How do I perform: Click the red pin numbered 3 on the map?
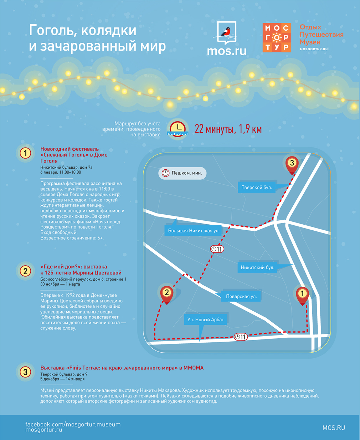tap(292, 165)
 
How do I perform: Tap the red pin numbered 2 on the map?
tap(167, 295)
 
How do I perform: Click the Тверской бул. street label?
tap(257, 187)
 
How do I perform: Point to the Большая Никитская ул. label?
tap(194, 231)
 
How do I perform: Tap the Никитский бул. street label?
tap(257, 267)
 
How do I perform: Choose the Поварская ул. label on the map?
tap(241, 296)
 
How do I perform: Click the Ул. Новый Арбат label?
tap(205, 319)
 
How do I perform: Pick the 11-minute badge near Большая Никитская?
tap(217, 249)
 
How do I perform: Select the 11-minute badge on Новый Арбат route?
tap(241, 337)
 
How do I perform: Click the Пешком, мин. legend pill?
tap(182, 173)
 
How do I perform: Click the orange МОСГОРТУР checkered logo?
tap(277, 37)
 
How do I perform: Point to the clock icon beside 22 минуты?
tap(178, 129)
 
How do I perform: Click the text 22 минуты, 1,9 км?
tap(228, 129)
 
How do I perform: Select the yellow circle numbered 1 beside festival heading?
tap(25, 153)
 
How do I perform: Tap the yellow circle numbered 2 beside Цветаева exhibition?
tap(25, 271)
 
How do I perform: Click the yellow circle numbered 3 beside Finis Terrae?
tap(25, 372)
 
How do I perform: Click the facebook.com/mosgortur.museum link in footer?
tap(73, 424)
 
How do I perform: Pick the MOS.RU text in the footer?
tap(334, 428)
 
